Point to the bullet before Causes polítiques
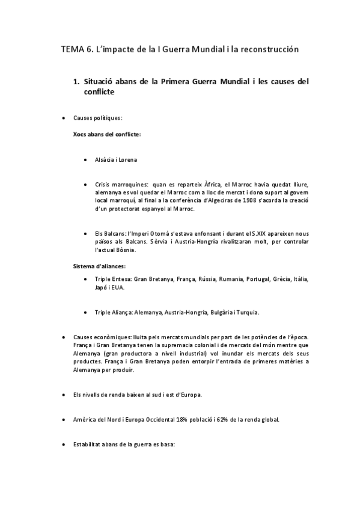[x=64, y=118]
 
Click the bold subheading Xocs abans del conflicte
[x=106, y=134]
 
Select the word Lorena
[x=126, y=159]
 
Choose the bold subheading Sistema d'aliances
[x=99, y=265]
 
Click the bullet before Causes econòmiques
[x=64, y=337]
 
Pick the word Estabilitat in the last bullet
[x=88, y=446]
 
